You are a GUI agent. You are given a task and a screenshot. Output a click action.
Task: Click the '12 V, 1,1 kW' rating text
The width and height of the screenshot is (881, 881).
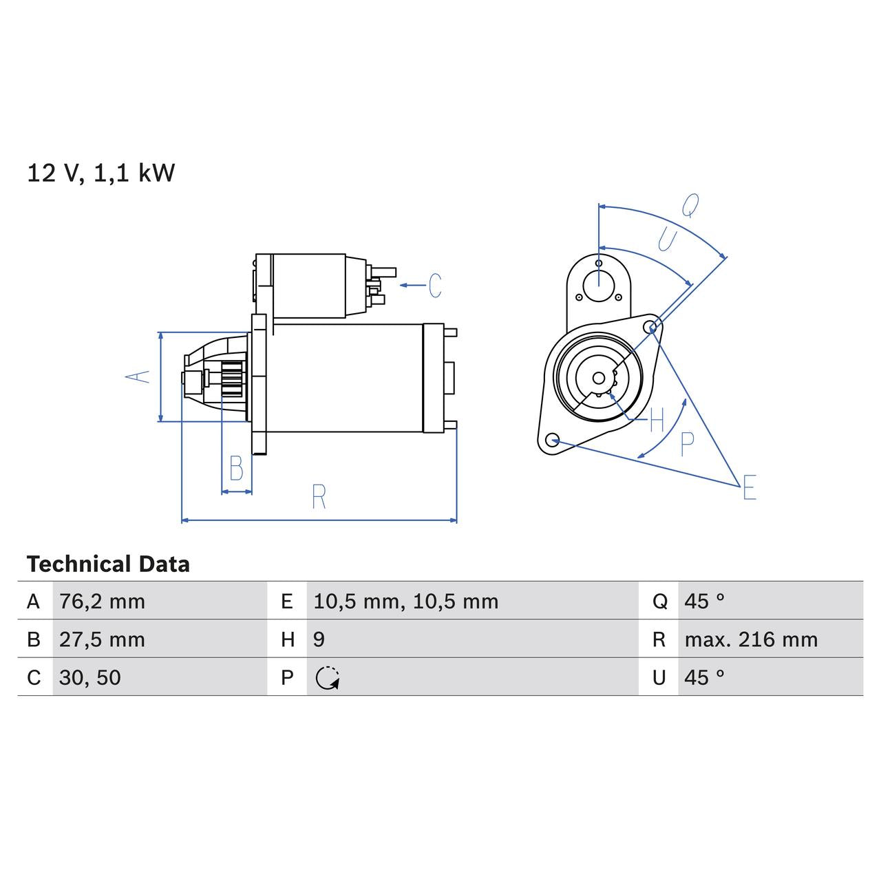[x=100, y=173]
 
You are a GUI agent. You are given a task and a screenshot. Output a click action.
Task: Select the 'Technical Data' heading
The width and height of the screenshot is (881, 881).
[x=108, y=564]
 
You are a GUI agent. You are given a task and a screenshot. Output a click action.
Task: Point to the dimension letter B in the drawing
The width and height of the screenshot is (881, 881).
[x=236, y=469]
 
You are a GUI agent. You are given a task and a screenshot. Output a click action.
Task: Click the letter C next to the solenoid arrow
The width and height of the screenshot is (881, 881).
[x=435, y=285]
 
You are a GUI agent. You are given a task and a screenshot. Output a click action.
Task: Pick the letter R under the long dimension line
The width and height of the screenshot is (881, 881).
[x=318, y=497]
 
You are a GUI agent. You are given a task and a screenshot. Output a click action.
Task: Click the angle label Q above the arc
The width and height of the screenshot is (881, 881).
[x=690, y=205]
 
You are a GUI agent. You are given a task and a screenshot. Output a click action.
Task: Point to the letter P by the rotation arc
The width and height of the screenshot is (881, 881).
[x=687, y=445]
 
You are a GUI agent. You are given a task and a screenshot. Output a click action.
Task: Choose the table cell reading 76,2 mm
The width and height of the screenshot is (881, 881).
[x=102, y=602]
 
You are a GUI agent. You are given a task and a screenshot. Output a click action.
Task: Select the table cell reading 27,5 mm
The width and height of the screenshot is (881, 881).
[x=102, y=639]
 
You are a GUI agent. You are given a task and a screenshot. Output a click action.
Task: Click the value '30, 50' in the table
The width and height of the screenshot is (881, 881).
[x=90, y=677]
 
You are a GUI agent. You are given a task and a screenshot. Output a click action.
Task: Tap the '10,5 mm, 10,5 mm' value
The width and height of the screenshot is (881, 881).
[x=405, y=602]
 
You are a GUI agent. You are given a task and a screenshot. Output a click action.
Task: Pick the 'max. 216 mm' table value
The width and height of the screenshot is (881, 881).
[x=751, y=639]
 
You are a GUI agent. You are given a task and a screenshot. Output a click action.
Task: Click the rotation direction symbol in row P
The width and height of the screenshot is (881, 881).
[x=328, y=678]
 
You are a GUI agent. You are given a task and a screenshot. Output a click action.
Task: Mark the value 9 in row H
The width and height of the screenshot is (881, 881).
[x=319, y=639]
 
